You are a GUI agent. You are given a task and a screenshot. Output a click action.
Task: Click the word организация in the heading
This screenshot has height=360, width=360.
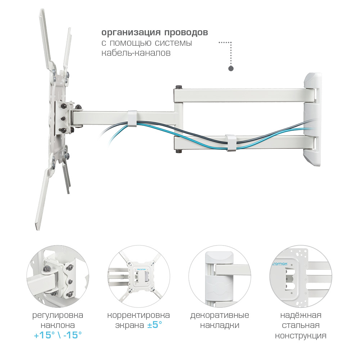pyautogui.click(x=131, y=32)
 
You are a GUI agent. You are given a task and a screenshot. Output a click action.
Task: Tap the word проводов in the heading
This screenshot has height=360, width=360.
pyautogui.click(x=186, y=32)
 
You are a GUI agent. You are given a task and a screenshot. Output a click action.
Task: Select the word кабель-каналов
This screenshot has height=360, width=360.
pyautogui.click(x=136, y=53)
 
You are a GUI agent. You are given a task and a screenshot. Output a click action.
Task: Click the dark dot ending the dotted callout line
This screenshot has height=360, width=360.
pyautogui.click(x=231, y=68)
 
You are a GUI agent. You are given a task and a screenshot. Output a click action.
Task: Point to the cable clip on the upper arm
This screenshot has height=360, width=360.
pyautogui.click(x=132, y=118)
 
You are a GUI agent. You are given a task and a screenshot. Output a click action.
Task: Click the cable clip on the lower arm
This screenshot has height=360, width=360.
pyautogui.click(x=231, y=143)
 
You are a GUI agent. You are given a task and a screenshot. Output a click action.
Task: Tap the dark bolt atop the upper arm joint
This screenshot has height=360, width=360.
pyautogui.click(x=179, y=87)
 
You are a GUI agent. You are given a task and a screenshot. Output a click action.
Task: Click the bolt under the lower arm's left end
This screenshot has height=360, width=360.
pyautogui.click(x=179, y=151)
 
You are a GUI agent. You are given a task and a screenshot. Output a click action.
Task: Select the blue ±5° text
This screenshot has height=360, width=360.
pyautogui.click(x=154, y=325)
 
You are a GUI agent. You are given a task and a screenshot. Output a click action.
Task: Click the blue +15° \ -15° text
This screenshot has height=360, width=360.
pyautogui.click(x=58, y=335)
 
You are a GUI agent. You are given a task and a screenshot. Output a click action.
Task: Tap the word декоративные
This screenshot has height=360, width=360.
pyautogui.click(x=220, y=315)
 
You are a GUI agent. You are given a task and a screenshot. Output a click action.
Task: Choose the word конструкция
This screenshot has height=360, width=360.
pyautogui.click(x=301, y=336)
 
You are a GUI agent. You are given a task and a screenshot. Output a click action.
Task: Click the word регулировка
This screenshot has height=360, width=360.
pyautogui.click(x=58, y=315)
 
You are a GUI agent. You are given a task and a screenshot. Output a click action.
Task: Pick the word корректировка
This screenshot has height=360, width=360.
pyautogui.click(x=139, y=315)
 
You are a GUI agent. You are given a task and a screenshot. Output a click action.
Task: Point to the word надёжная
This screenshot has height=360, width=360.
pyautogui.click(x=301, y=315)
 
